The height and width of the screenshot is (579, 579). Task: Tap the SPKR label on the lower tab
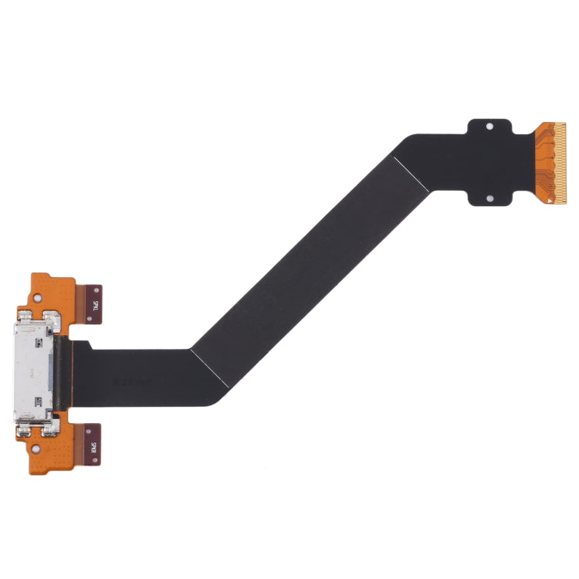pyautogui.click(x=93, y=446)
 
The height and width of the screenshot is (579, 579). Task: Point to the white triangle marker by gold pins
pyautogui.click(x=550, y=200)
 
